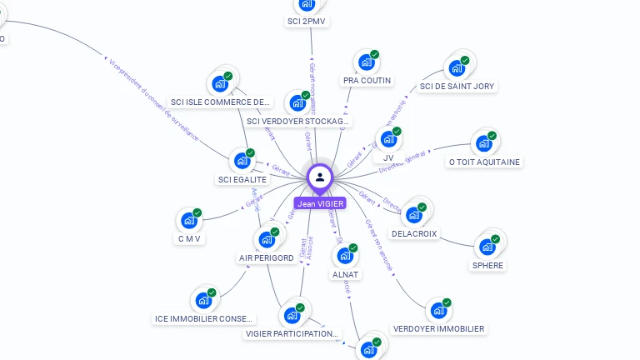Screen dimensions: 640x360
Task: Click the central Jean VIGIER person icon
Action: coord(320,177)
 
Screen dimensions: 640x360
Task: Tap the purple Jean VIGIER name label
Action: coord(320,203)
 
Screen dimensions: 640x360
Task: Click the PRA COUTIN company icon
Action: coord(366,62)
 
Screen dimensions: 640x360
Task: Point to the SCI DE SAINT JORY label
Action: coord(457,86)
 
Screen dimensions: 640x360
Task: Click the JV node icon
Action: coord(387,139)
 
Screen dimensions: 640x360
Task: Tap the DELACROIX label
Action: coord(415,234)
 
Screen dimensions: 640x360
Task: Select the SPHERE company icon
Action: coord(487,247)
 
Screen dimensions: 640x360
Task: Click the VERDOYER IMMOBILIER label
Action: coord(438,329)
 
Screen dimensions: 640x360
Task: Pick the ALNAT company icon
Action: coord(344,256)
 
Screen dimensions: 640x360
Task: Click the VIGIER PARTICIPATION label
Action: coord(292,334)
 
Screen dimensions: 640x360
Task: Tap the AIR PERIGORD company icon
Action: coord(267,239)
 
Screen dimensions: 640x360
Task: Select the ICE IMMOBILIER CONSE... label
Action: coord(205,318)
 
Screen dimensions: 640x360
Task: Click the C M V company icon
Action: coord(189,221)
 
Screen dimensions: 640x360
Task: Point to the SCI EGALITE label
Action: coord(242,179)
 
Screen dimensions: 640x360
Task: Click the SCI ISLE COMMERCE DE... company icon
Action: coord(220,83)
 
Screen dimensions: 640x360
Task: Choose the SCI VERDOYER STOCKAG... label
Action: coord(298,122)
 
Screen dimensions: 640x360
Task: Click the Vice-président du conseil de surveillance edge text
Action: coord(153,98)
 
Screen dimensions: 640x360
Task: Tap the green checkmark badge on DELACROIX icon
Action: coord(422,207)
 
